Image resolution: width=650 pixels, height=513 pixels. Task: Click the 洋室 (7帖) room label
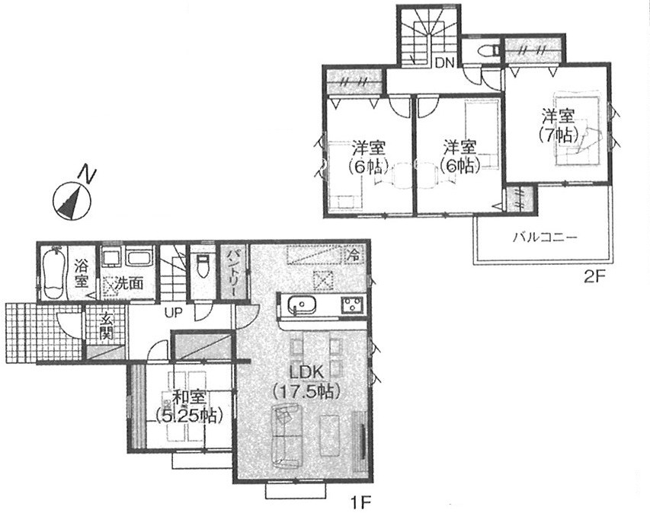559,126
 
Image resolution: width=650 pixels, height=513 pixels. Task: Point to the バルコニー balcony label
545,237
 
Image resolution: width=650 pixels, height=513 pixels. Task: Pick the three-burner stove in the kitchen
352,306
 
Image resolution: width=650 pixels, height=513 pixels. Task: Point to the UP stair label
174,313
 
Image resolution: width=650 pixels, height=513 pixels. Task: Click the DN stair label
445,63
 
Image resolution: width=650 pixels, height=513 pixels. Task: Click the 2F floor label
595,277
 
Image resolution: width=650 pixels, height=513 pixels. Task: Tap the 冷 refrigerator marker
355,253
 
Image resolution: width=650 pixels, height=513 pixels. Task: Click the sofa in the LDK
287,437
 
